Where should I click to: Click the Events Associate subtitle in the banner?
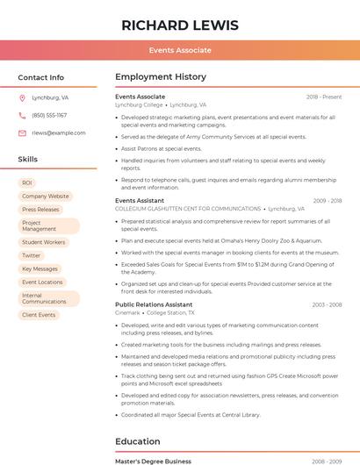[x=179, y=50]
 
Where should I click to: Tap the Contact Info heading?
[x=40, y=77]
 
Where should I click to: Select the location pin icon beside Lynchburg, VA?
[x=22, y=97]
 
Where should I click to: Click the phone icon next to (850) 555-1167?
[x=22, y=115]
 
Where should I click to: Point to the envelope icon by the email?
[x=22, y=132]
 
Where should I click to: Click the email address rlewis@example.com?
[x=59, y=132]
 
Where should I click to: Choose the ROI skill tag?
[x=27, y=182]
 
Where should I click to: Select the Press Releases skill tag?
[x=40, y=210]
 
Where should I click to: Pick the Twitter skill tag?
[x=32, y=255]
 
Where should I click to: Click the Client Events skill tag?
[x=39, y=314]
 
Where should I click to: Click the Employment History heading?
[x=161, y=77]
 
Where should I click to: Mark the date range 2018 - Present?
[x=324, y=97]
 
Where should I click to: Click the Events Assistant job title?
[x=140, y=200]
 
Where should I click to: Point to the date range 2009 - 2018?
[x=327, y=200]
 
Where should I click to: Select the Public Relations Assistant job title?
[x=154, y=304]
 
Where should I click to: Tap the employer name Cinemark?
[x=127, y=312]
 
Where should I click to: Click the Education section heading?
[x=138, y=441]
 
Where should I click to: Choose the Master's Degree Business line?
[x=153, y=461]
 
